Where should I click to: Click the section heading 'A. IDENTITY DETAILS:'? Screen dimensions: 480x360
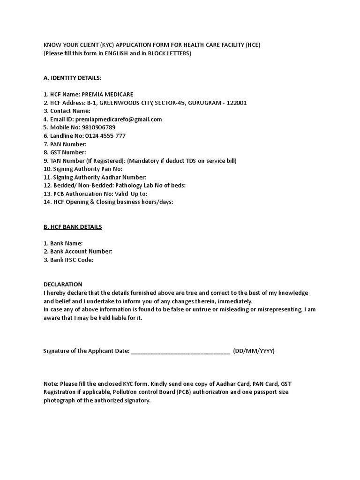(72, 77)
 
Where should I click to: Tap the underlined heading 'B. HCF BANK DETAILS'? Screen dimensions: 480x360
(73, 227)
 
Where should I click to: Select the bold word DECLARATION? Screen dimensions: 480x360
(63, 285)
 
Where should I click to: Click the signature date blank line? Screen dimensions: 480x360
(180, 351)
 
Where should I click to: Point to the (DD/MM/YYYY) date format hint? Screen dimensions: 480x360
(254, 351)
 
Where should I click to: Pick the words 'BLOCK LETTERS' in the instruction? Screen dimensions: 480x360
(169, 53)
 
